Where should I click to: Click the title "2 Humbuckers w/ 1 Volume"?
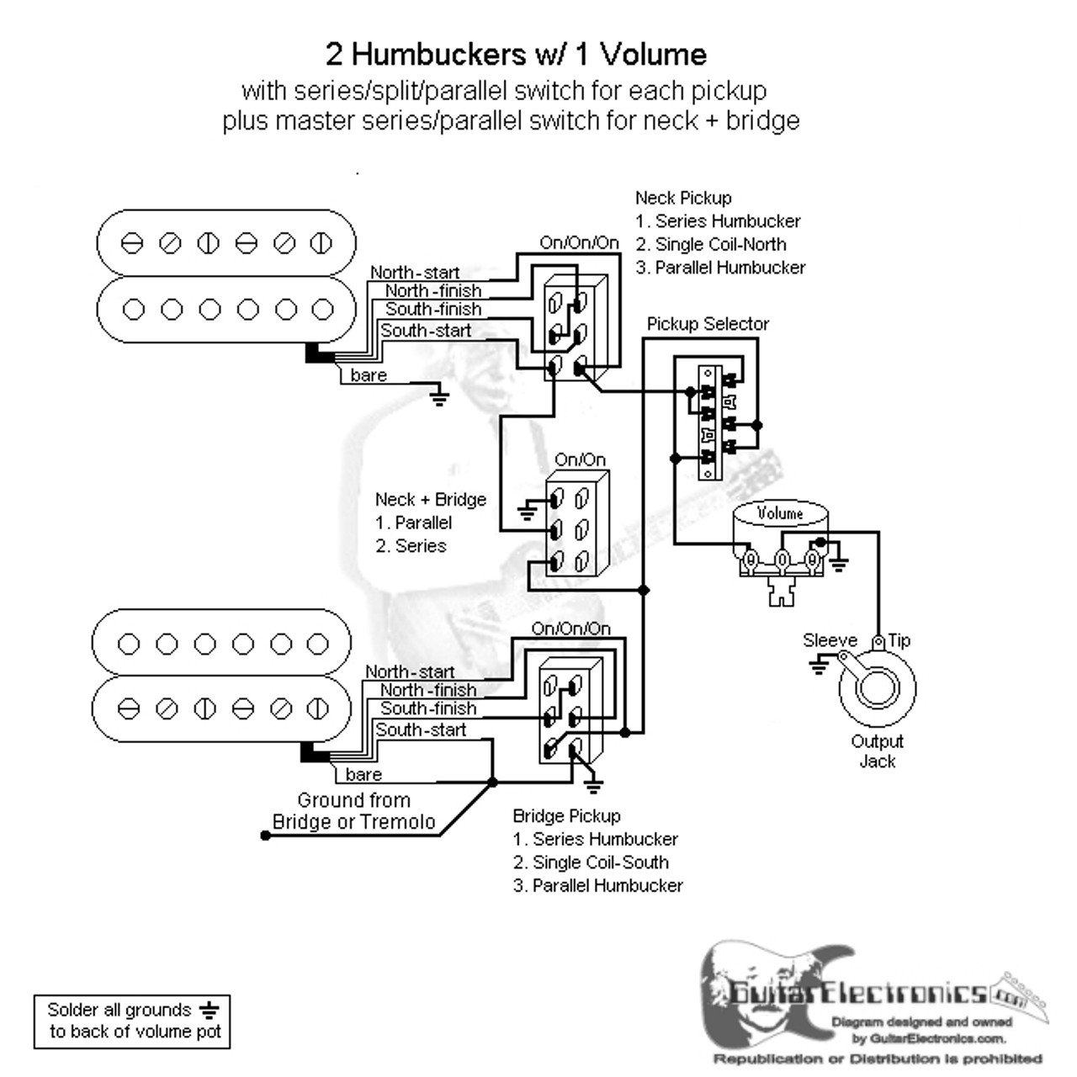tap(516, 55)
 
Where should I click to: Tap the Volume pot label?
tap(780, 513)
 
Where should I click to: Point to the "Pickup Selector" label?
tap(708, 324)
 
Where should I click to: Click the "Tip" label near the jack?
tap(899, 640)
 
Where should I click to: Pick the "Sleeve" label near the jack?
tap(830, 640)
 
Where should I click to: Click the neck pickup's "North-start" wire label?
tap(415, 273)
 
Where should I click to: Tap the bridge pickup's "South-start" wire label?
tap(421, 729)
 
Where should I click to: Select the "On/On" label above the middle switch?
tap(580, 459)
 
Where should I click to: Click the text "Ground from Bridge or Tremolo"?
tap(353, 811)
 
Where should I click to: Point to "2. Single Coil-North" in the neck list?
tap(711, 245)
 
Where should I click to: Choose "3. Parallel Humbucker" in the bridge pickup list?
tap(597, 885)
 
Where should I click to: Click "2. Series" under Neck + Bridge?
tap(411, 545)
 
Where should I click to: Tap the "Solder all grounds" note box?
tap(131, 1020)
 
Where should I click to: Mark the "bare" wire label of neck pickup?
tap(369, 375)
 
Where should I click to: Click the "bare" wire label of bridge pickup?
tap(363, 774)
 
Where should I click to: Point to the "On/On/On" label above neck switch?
tap(579, 243)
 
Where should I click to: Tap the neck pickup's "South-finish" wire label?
tap(433, 310)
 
